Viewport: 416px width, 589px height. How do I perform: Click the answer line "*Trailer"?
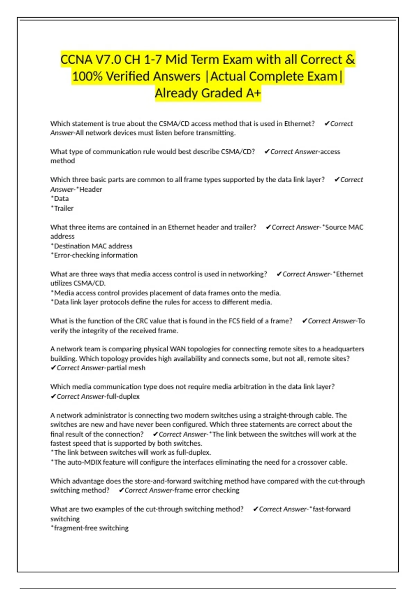[x=62, y=208]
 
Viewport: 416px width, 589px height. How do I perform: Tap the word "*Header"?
[x=89, y=189]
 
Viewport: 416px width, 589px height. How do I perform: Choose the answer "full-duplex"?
[x=123, y=396]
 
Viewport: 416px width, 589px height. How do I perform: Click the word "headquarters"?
[x=343, y=349]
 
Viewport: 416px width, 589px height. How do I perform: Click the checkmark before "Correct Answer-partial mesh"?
[x=53, y=368]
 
